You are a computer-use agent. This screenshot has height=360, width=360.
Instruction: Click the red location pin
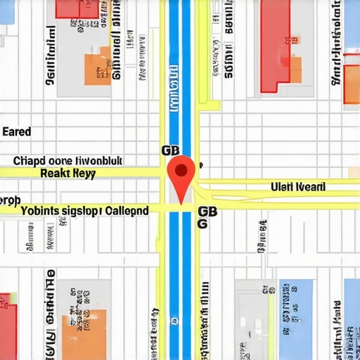(183, 170)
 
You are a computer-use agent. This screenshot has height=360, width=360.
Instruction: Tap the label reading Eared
(17, 131)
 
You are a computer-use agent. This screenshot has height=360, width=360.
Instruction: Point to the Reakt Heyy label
(67, 173)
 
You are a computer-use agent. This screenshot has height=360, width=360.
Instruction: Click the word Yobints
(41, 210)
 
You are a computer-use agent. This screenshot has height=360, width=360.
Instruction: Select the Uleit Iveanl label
(298, 187)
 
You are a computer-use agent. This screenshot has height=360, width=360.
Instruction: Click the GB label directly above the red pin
(171, 150)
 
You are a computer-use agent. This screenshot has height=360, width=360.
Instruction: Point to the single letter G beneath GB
(202, 224)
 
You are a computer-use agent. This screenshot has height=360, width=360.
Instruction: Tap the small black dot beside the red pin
(200, 165)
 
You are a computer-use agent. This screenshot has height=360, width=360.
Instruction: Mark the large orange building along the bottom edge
(85, 334)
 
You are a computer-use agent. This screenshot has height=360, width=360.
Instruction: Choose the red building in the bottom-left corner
(8, 327)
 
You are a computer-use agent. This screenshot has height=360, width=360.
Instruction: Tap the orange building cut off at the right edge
(351, 84)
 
